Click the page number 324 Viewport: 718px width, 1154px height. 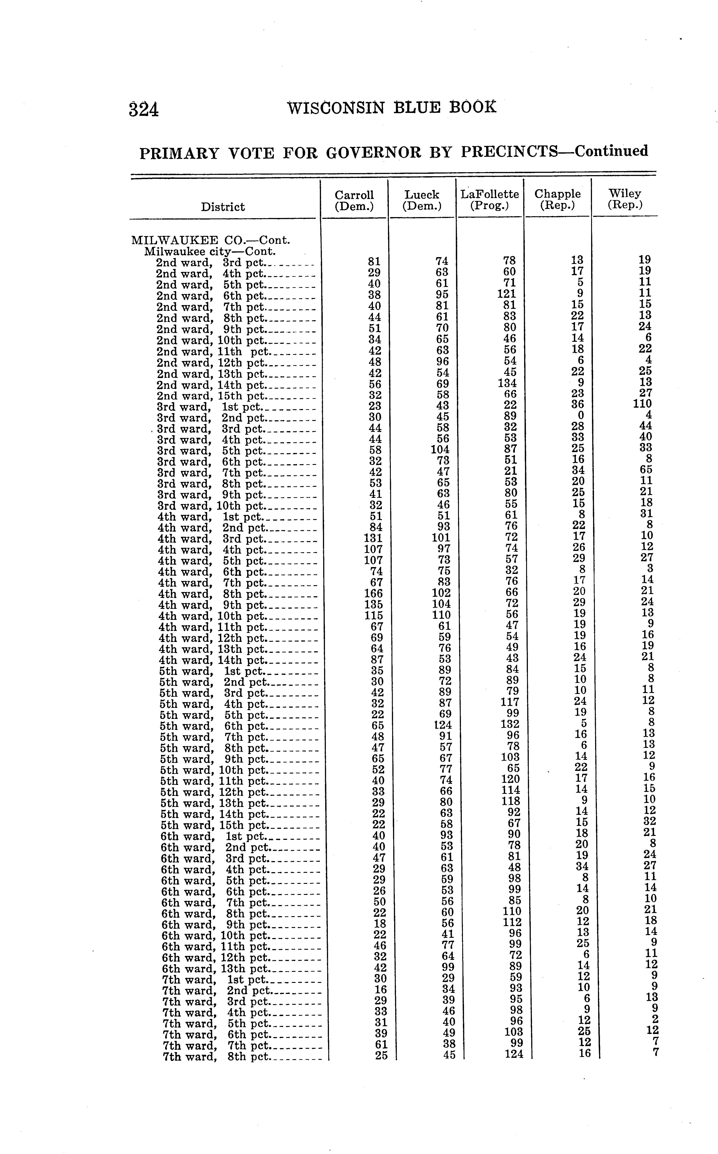(143, 110)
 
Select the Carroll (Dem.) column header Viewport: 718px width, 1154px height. (354, 201)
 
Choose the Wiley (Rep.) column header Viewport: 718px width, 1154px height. (625, 199)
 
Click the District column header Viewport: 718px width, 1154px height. (223, 207)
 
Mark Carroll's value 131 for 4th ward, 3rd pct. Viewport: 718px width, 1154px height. (373, 539)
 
